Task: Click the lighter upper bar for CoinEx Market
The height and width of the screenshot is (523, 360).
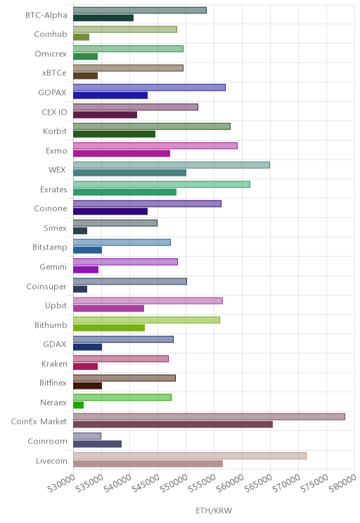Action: click(x=209, y=417)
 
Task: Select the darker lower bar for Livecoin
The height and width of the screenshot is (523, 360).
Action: click(x=148, y=464)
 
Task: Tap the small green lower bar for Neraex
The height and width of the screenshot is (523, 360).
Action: click(x=79, y=405)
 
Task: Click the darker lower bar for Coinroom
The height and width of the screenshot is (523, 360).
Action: click(x=98, y=444)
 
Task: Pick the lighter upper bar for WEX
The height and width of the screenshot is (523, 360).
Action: click(x=172, y=164)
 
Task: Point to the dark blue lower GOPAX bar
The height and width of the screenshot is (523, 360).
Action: click(x=110, y=96)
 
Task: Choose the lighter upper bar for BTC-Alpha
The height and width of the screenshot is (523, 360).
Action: click(x=140, y=10)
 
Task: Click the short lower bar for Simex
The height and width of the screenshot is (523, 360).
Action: click(x=80, y=231)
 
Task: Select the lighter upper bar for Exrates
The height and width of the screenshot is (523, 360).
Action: click(x=162, y=184)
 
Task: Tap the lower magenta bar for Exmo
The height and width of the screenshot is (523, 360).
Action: click(x=122, y=153)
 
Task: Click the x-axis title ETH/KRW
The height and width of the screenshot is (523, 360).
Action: click(x=214, y=510)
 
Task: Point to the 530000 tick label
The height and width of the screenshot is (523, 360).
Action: click(x=62, y=484)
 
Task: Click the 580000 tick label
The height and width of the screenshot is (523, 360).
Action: click(x=343, y=484)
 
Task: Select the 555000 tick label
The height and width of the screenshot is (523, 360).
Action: click(x=202, y=484)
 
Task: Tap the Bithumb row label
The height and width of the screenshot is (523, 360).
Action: click(x=51, y=325)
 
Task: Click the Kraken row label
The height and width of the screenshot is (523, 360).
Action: click(x=54, y=364)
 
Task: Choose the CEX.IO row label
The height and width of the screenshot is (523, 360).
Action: click(x=54, y=112)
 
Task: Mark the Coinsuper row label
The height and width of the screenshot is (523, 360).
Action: click(x=46, y=287)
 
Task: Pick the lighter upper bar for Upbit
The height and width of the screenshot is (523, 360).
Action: click(x=148, y=301)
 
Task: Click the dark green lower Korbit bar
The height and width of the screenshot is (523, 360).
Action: click(x=114, y=134)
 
